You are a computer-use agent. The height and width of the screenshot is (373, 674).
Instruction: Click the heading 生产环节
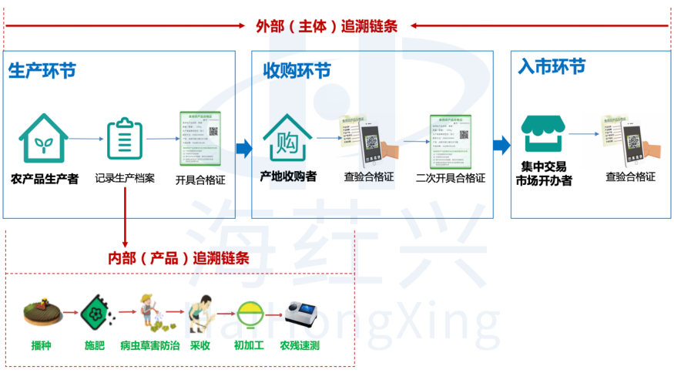coord(42,71)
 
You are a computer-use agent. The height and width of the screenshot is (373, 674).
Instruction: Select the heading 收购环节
coord(297,71)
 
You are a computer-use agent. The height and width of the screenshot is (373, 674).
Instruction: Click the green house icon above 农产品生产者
coord(44,139)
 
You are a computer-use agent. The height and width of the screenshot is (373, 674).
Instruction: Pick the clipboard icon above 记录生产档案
coord(124,139)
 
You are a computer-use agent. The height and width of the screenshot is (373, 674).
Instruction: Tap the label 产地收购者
coord(288,176)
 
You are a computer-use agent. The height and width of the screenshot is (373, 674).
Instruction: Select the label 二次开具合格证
coord(450,178)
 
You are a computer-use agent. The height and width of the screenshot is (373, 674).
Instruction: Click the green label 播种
coord(42,345)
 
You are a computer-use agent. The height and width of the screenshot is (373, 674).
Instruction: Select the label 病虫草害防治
coord(150,345)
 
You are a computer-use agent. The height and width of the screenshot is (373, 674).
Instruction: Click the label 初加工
coord(248,345)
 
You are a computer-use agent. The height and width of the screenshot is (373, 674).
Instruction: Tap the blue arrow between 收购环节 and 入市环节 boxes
coord(501,144)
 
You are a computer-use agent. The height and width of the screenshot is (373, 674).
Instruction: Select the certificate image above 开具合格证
coord(200,139)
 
